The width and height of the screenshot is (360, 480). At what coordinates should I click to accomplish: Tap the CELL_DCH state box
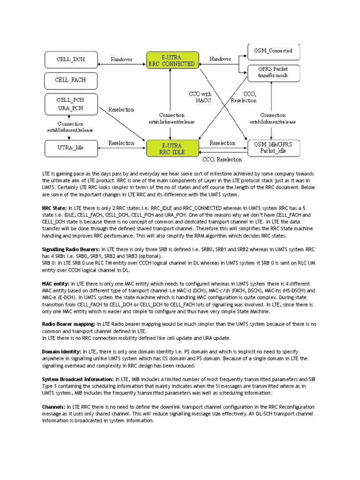point(71,60)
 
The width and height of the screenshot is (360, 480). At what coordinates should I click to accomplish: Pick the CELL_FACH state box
point(71,80)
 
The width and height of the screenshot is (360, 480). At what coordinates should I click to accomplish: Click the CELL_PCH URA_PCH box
point(71,104)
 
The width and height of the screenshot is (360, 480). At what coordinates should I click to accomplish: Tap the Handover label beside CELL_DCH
point(121,60)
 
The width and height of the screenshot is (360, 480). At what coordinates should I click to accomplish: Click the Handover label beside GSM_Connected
point(220,60)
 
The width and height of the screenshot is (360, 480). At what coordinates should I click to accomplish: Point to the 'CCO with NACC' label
point(200,97)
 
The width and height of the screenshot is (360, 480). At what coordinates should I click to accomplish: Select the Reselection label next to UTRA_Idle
point(121,143)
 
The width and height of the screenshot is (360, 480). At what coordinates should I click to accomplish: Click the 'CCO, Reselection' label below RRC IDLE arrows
point(222,160)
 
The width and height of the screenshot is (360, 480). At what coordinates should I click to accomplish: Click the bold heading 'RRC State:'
point(55,207)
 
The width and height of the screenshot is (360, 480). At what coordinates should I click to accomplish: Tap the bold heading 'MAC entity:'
point(56,284)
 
